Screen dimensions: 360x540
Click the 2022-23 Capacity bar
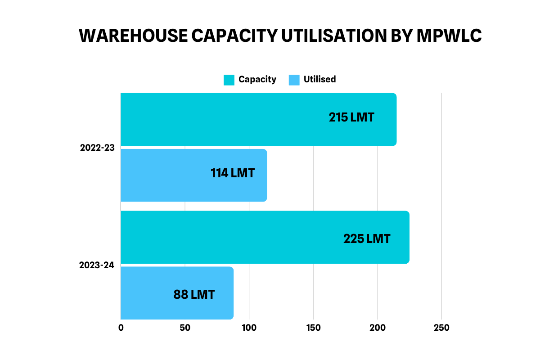(x=225, y=119)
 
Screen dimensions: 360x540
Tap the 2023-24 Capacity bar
(x=234, y=237)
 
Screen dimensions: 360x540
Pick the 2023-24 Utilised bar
(x=148, y=293)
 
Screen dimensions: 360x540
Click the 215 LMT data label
(x=351, y=117)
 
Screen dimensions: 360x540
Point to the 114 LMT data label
(x=233, y=173)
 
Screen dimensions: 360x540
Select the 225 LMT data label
(x=367, y=238)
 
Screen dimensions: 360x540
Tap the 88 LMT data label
(x=194, y=295)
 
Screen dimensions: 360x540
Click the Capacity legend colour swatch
(x=229, y=80)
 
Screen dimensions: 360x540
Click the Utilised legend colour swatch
(x=294, y=80)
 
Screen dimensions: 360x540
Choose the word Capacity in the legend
(x=257, y=80)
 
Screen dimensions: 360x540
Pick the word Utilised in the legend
(x=319, y=80)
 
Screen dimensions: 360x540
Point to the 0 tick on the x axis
(x=121, y=328)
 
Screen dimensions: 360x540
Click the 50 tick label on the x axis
(x=185, y=328)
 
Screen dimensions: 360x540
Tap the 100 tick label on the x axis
(x=249, y=328)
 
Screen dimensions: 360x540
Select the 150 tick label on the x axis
(x=313, y=328)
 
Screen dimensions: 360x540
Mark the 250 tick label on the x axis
(x=441, y=328)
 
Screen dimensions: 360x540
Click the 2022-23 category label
(x=97, y=148)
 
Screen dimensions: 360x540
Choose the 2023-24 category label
(x=97, y=265)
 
